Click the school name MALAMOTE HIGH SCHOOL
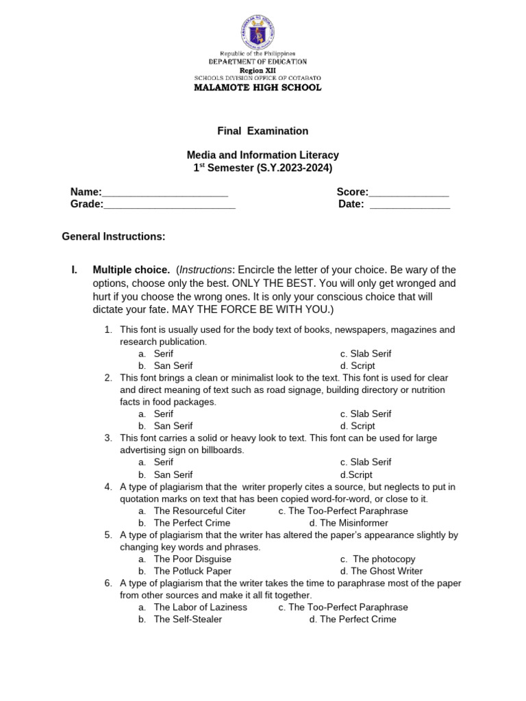[257, 88]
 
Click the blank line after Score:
[409, 192]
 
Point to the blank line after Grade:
[169, 205]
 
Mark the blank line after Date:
[410, 205]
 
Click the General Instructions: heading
[114, 237]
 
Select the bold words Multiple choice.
[131, 270]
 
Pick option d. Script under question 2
[358, 426]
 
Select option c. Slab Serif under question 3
[366, 462]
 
